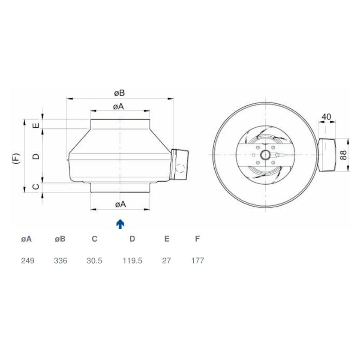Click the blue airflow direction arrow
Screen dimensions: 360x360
[x=120, y=224]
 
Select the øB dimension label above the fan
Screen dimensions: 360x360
[x=120, y=93]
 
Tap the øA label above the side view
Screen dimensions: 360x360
[x=119, y=107]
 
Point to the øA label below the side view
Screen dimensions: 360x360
[x=120, y=204]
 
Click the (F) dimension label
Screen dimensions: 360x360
[x=17, y=158]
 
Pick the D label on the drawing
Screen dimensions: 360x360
[x=36, y=156]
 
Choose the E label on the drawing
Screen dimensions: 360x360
[x=36, y=125]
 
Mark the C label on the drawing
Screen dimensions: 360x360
[x=36, y=186]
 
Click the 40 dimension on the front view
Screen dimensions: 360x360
[x=327, y=117]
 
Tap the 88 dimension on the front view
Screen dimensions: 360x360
[x=343, y=155]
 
